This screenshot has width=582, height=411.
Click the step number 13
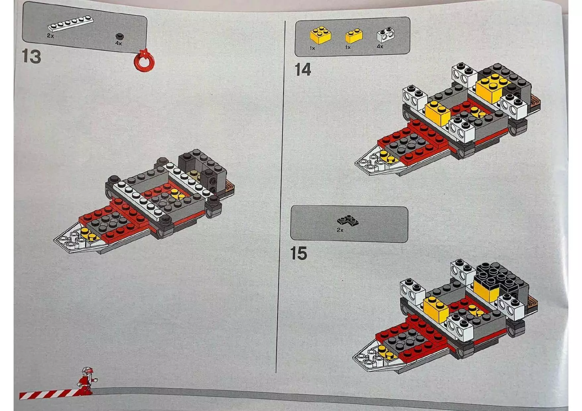(x=32, y=56)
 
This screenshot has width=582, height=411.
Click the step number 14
(x=302, y=70)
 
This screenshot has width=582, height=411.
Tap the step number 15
(x=298, y=254)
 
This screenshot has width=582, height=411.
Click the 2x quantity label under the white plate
(x=50, y=35)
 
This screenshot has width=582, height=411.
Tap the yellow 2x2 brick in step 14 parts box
(x=320, y=35)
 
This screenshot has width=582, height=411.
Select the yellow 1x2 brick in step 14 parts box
(x=354, y=36)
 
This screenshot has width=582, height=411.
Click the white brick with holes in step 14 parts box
(x=386, y=35)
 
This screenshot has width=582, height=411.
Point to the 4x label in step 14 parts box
(x=380, y=46)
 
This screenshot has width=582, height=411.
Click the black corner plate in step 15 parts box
(x=348, y=220)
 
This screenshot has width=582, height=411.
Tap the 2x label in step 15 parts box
(x=340, y=230)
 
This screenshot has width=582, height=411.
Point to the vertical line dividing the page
(x=281, y=199)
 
